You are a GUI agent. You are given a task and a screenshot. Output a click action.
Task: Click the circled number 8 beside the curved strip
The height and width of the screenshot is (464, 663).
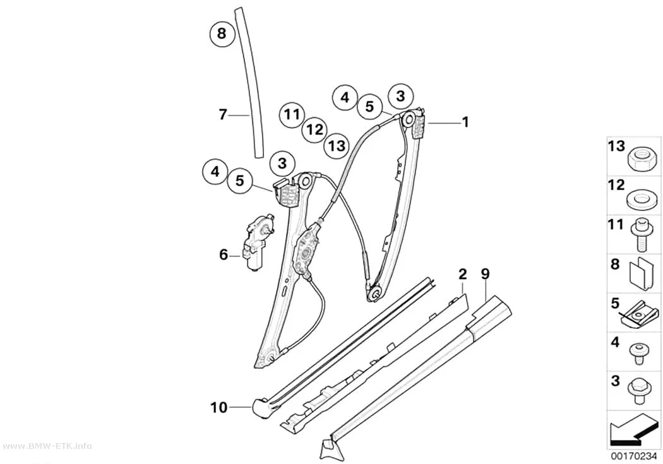click(x=222, y=33)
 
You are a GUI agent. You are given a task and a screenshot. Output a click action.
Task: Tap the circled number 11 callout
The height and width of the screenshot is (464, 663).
click(x=292, y=114)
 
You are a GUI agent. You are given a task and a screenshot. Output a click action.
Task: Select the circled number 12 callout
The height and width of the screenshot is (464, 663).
click(x=314, y=129)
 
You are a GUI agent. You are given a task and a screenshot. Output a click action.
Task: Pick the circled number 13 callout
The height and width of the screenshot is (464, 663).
click(x=337, y=146)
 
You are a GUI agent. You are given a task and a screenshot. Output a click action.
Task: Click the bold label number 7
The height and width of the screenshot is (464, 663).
click(x=224, y=114)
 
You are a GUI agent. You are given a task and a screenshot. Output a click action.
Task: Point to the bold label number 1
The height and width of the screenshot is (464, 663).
click(x=465, y=122)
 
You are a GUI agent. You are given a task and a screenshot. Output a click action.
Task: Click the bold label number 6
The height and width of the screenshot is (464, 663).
click(x=224, y=255)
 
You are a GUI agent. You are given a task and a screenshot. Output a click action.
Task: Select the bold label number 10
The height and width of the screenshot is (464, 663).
click(x=219, y=408)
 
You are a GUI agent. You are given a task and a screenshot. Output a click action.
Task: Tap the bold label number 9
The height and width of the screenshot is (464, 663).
click(x=486, y=274)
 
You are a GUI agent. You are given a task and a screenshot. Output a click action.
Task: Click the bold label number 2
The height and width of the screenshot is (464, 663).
click(x=463, y=274)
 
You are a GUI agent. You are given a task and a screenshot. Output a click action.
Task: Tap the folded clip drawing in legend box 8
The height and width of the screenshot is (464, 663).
click(x=639, y=273)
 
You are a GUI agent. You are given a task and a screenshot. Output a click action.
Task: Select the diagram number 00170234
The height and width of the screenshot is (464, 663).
click(x=633, y=456)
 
